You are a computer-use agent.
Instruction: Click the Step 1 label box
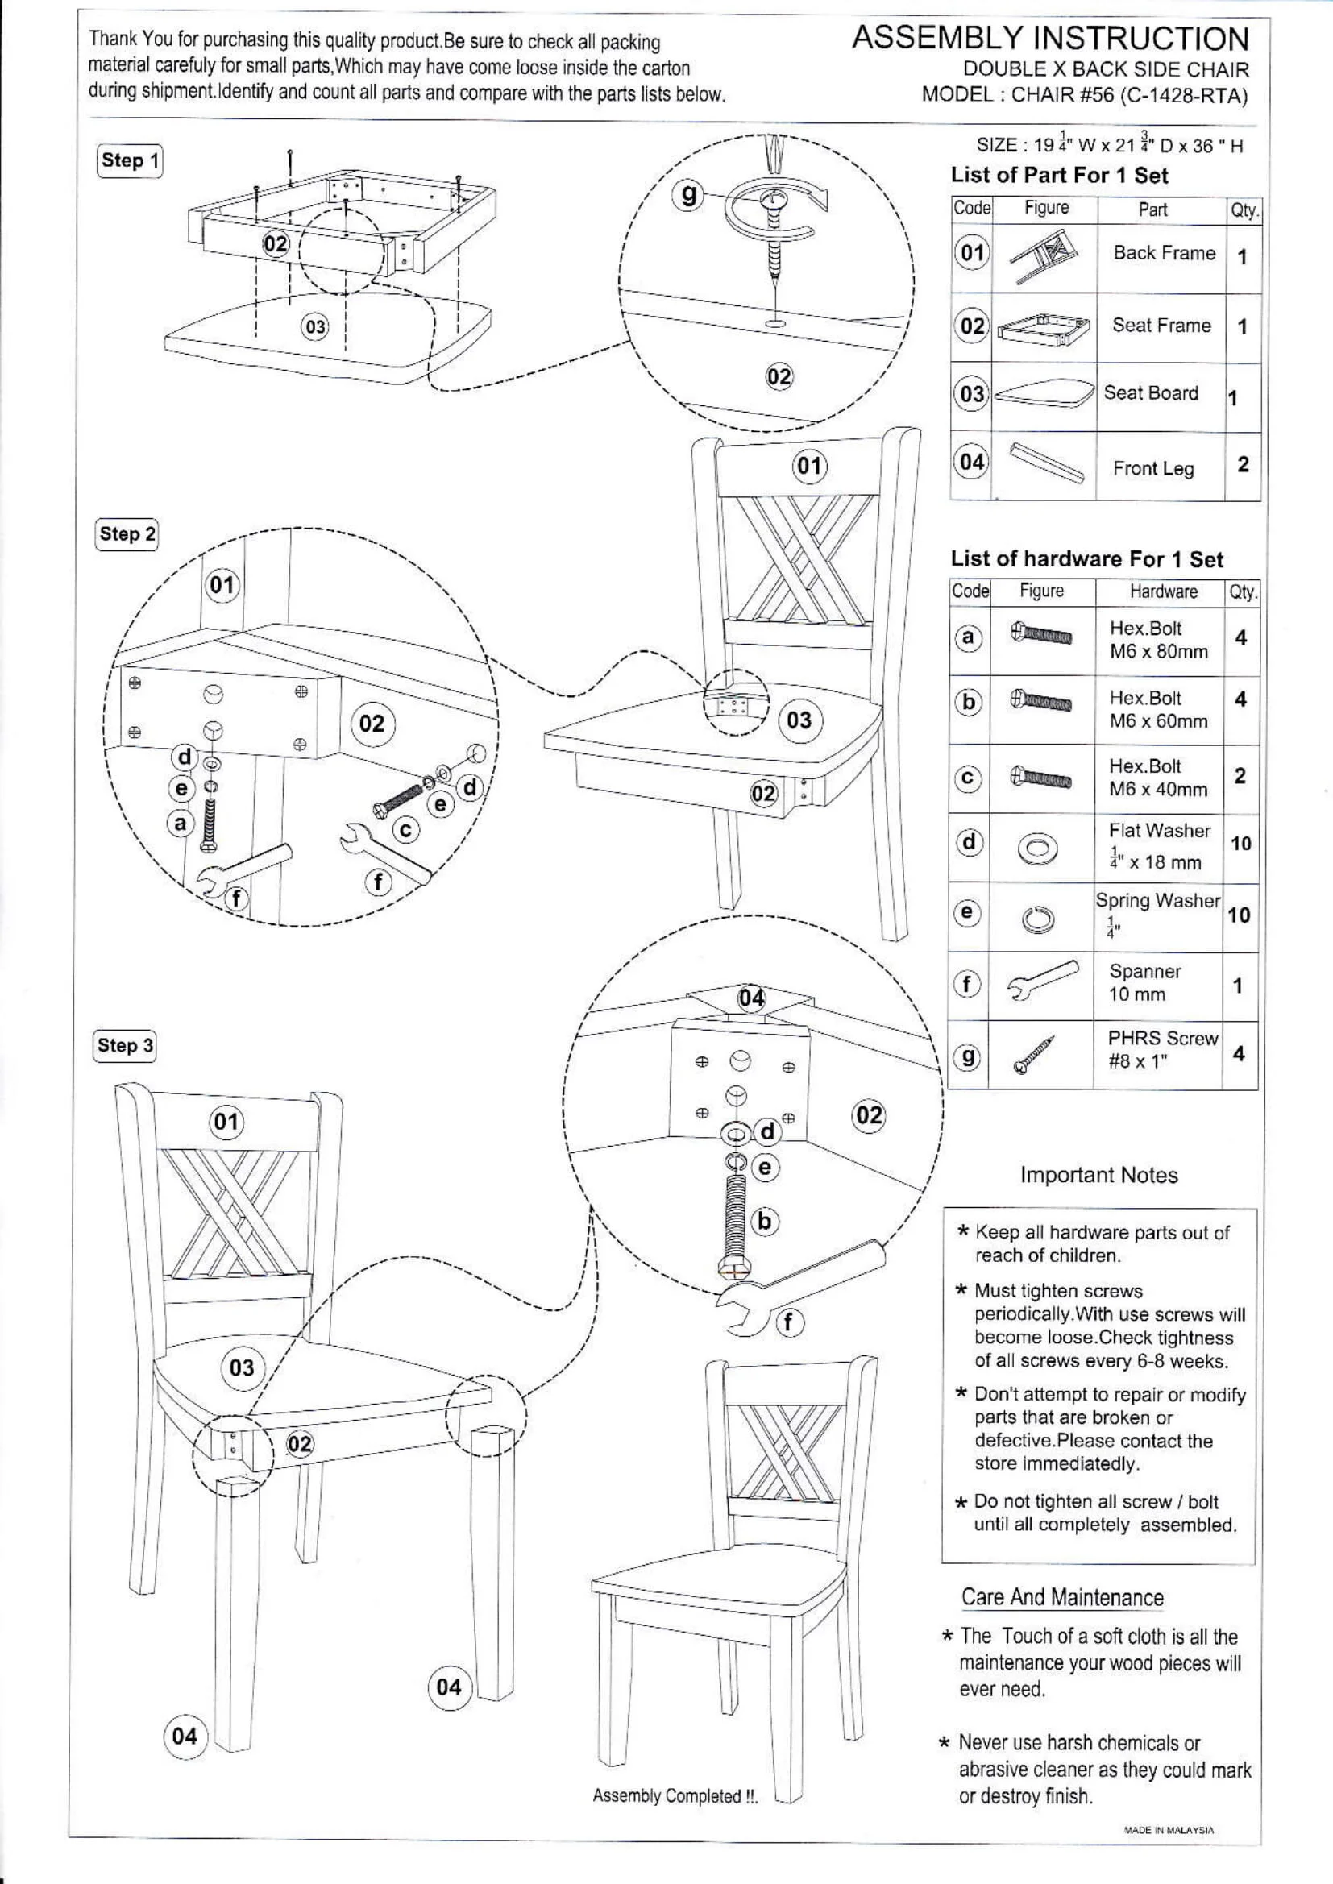tap(130, 160)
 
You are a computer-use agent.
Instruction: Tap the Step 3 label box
tap(125, 1045)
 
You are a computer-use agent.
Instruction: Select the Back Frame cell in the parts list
tap(1163, 253)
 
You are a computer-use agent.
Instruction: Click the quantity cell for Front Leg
tap(1242, 464)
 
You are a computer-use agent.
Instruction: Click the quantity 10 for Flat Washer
tap(1240, 844)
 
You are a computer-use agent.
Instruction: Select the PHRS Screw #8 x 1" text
tap(1161, 1048)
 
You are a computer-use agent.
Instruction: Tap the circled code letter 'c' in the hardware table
tap(968, 778)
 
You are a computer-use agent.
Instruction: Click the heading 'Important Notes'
tap(1098, 1175)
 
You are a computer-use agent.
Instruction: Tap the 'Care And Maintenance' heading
tap(1062, 1597)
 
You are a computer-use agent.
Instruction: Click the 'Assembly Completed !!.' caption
tap(675, 1795)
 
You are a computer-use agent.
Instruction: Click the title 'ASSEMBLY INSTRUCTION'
tap(1050, 39)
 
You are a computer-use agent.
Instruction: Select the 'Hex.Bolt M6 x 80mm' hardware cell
tap(1158, 639)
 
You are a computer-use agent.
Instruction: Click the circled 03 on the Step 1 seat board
tap(315, 327)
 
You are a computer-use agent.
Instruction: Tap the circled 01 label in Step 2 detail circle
tap(222, 585)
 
